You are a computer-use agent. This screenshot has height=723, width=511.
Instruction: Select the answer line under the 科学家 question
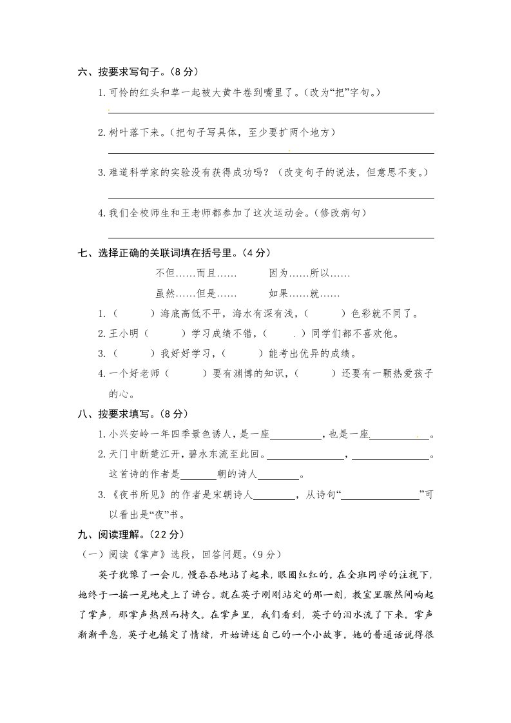(x=271, y=197)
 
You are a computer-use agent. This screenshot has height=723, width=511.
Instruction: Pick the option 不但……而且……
(x=196, y=273)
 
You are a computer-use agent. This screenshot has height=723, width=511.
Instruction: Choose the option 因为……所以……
(x=309, y=273)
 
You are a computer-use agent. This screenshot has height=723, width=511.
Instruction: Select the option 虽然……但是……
(x=196, y=293)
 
